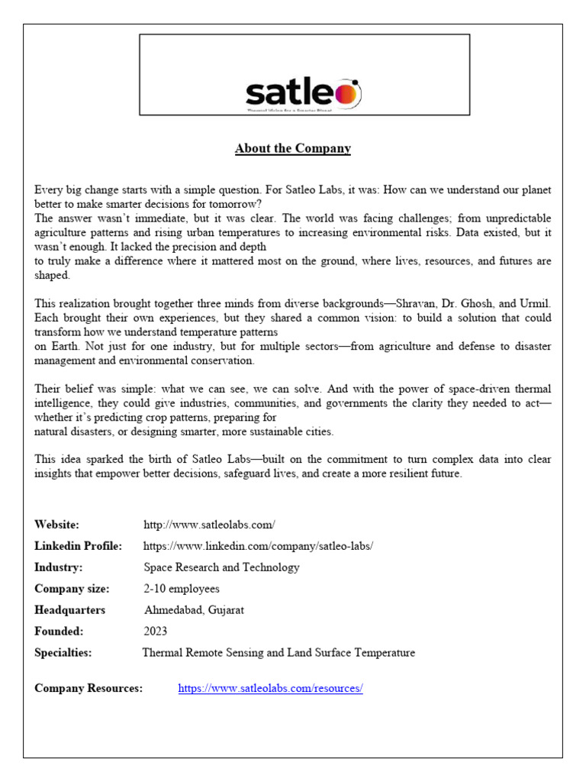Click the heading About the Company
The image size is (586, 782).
tap(292, 148)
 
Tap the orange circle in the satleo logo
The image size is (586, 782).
tap(347, 94)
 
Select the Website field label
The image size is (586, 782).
tap(56, 525)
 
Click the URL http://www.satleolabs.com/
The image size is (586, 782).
tap(209, 525)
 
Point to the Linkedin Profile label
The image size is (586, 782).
tap(78, 546)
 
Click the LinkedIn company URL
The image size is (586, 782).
tap(258, 546)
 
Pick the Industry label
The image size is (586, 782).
tap(58, 567)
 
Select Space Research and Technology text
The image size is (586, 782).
tap(221, 567)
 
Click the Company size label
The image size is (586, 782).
tap(72, 589)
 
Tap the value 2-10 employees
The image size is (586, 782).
tap(182, 589)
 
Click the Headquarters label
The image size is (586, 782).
tap(69, 610)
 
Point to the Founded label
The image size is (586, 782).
tap(59, 632)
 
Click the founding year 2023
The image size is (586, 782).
tap(156, 632)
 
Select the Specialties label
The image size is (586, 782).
tap(63, 653)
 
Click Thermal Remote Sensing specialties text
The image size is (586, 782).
tap(279, 653)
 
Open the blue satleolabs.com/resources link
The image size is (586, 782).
tap(270, 688)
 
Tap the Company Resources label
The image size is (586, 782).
tap(89, 688)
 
